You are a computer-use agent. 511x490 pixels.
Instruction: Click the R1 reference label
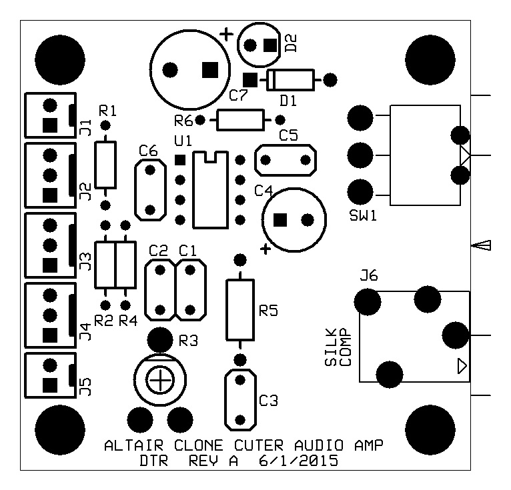click(107, 111)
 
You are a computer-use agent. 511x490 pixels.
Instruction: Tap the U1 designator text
click(183, 141)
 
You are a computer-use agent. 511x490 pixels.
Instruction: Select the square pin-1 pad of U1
click(180, 160)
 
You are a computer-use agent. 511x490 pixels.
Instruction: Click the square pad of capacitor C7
click(210, 70)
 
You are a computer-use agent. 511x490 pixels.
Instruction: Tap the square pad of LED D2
click(270, 45)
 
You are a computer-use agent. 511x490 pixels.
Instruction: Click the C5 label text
click(288, 135)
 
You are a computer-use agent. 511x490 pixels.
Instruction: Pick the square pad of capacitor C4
click(280, 220)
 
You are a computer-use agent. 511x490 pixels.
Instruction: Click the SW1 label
click(363, 215)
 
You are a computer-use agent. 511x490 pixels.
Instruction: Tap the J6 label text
click(369, 275)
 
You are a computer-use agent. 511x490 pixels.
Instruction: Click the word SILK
click(330, 347)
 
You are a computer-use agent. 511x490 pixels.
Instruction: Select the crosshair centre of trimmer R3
click(160, 380)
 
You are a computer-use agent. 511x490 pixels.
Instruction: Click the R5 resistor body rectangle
click(240, 310)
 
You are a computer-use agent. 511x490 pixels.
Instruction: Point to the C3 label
click(269, 401)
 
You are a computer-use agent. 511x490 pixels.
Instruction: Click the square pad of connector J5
click(50, 385)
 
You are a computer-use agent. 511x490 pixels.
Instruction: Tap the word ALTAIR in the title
click(133, 445)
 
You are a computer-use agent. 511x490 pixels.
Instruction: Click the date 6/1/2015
click(298, 461)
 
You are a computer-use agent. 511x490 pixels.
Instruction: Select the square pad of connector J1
click(50, 125)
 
